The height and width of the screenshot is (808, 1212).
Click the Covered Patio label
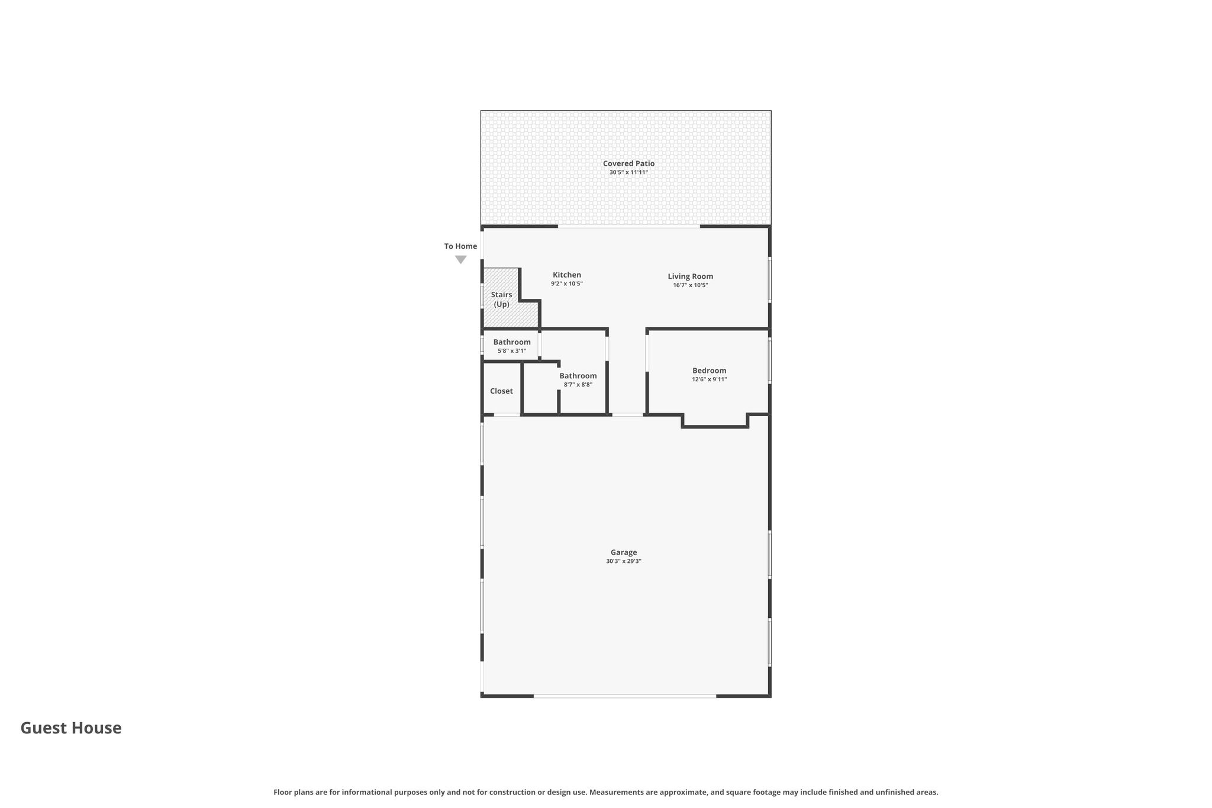click(x=628, y=163)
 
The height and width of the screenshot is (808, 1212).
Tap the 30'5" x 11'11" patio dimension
click(x=628, y=172)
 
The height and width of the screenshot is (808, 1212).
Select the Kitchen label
click(x=567, y=275)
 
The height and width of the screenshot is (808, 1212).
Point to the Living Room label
click(x=691, y=276)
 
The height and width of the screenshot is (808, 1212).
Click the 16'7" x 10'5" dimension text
click(x=691, y=285)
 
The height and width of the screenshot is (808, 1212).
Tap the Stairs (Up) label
click(x=501, y=300)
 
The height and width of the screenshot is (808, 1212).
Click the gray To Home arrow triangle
click(x=461, y=259)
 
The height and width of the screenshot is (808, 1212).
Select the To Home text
click(x=460, y=246)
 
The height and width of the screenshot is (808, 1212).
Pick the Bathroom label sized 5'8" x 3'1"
click(x=512, y=342)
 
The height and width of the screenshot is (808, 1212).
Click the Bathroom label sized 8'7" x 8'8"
click(x=578, y=376)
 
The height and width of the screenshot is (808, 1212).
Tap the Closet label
click(x=501, y=391)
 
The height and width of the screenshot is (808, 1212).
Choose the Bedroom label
click(x=709, y=371)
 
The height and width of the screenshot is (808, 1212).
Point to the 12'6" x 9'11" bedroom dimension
click(x=709, y=379)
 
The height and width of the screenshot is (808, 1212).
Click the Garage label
click(x=624, y=552)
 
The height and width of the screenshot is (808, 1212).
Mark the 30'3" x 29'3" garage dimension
click(x=624, y=561)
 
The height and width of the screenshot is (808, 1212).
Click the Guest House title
click(x=71, y=728)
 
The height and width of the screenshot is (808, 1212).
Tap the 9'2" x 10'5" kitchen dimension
click(x=567, y=284)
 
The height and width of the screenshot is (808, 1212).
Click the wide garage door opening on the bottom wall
click(x=625, y=696)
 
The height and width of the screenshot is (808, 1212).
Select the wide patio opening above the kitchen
click(x=629, y=226)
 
